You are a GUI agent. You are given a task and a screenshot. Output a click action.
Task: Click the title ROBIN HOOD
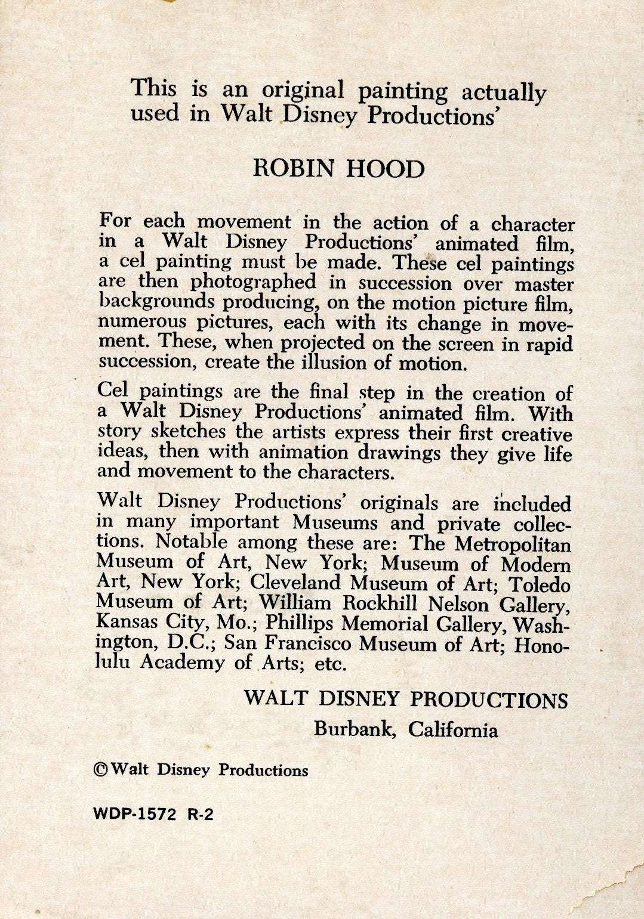(338, 169)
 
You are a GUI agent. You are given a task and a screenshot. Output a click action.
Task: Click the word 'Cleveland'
(295, 583)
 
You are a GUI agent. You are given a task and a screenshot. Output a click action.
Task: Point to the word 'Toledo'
(541, 584)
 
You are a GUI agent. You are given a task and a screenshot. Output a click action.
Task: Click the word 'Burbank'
(355, 729)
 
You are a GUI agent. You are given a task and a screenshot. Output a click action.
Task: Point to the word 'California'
(453, 729)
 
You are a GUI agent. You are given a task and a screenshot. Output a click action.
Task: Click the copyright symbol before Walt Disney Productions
(101, 769)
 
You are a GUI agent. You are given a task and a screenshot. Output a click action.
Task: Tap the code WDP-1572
(135, 815)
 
